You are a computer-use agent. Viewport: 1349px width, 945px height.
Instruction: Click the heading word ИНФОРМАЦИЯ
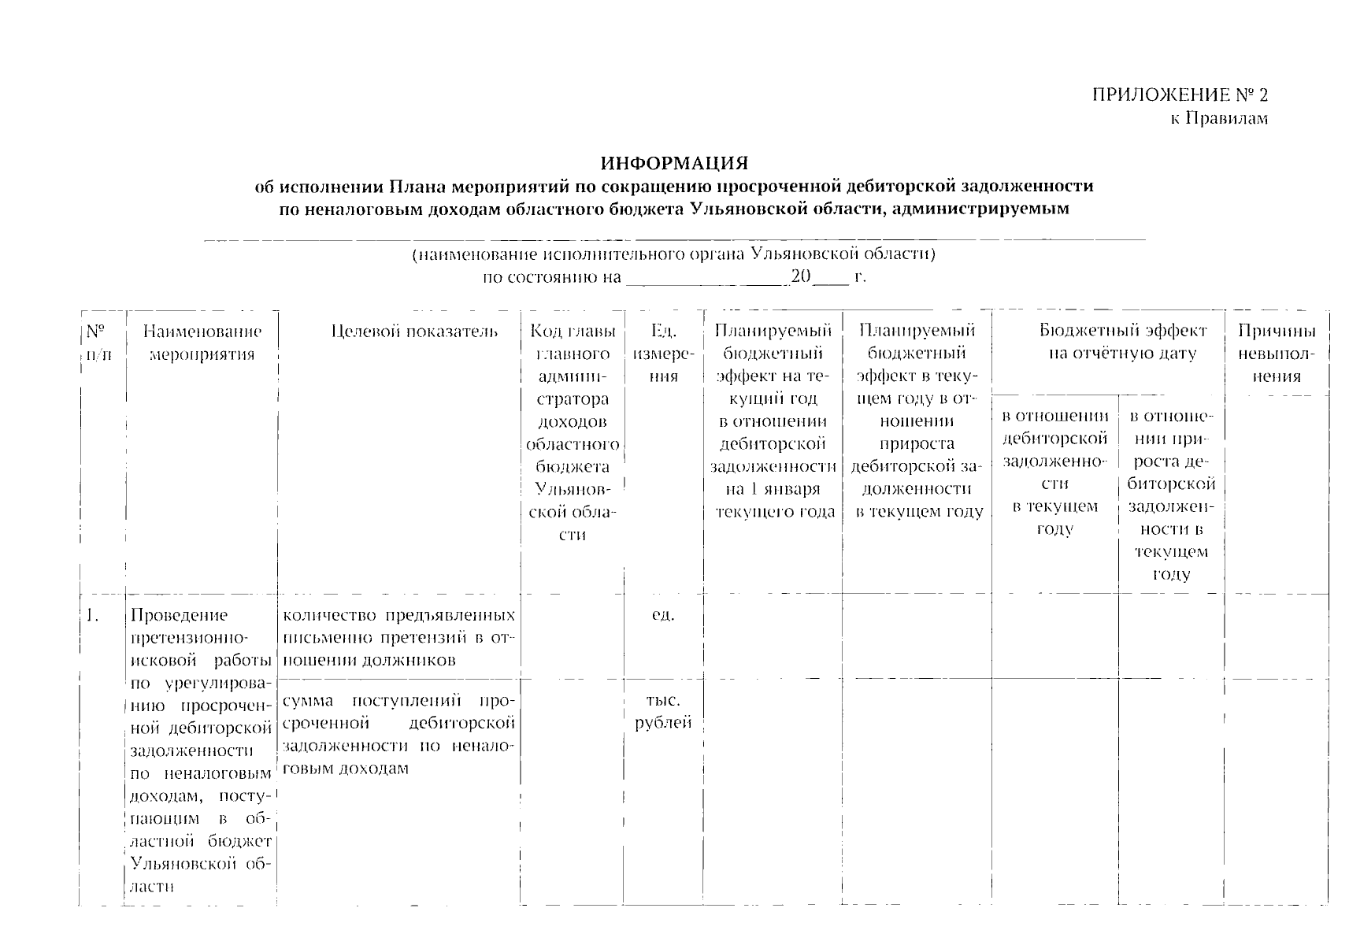click(673, 164)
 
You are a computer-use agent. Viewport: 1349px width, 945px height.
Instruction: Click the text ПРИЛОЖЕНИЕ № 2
click(1179, 95)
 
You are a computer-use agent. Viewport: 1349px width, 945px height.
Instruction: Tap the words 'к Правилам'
click(1217, 119)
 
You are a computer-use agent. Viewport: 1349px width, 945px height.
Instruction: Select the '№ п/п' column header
click(98, 343)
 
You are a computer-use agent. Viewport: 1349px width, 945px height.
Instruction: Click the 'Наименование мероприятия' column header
click(202, 343)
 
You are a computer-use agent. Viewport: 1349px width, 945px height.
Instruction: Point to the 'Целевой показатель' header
click(414, 332)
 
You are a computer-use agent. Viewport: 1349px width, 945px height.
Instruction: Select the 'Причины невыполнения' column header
click(1276, 354)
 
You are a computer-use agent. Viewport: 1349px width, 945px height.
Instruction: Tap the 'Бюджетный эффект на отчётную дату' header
click(1121, 342)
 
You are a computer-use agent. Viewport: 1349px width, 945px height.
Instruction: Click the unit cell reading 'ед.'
click(663, 615)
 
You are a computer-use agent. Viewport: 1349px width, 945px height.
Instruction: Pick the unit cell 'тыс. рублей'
click(663, 711)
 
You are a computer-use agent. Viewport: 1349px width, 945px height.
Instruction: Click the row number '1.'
click(93, 615)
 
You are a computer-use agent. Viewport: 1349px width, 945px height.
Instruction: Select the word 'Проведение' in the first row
click(179, 615)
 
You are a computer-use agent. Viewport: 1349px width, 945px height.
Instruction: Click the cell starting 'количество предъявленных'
click(398, 637)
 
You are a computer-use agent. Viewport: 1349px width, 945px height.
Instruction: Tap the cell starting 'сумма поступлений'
click(398, 733)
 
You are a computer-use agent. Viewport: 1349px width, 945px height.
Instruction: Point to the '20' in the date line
click(800, 277)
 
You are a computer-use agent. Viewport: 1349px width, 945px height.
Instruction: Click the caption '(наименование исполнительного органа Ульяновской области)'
click(673, 254)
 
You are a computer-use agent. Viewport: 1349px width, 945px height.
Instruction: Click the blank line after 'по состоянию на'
click(705, 279)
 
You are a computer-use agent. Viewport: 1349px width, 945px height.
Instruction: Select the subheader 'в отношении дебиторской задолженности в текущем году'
click(1054, 472)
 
